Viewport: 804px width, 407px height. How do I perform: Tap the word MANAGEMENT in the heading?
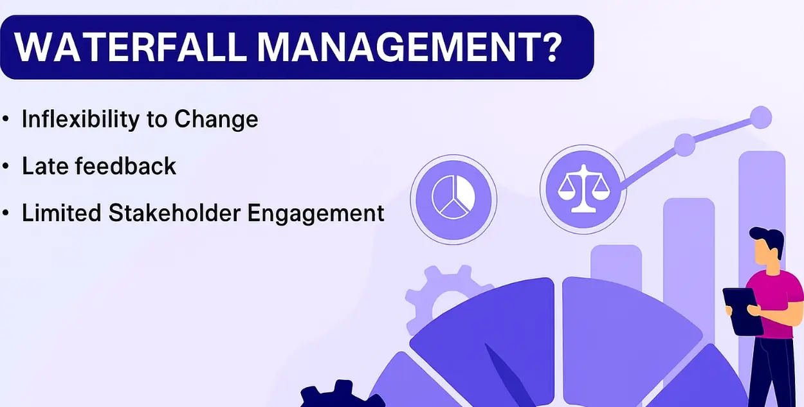coord(396,48)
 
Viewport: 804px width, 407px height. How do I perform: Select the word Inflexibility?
coord(80,119)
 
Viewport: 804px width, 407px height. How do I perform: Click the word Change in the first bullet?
coord(216,120)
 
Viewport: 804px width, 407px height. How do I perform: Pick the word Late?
coord(45,166)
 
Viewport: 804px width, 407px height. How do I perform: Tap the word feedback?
coord(125,165)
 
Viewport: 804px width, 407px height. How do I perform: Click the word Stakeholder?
coord(174,213)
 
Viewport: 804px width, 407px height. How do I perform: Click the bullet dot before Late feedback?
coord(5,166)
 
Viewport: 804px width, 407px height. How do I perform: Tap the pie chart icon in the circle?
coord(453,197)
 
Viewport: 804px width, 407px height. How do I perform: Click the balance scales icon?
coord(583,189)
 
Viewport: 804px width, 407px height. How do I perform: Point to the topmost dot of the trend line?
coord(761,118)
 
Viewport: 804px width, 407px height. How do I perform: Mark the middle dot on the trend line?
coord(685,145)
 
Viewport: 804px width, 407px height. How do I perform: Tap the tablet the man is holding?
coord(742,312)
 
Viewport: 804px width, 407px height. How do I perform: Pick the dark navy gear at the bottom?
coord(341,395)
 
